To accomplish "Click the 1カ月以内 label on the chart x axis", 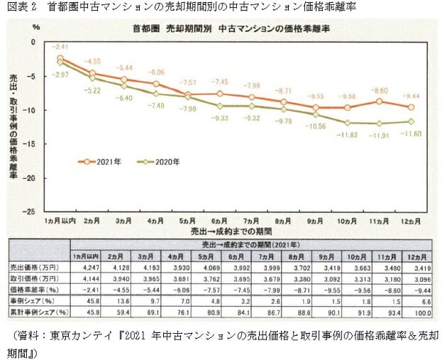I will pyautogui.click(x=60, y=221).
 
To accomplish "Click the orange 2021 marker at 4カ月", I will pyautogui.click(x=156, y=84).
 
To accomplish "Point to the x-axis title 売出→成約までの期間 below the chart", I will pyautogui.click(x=231, y=232).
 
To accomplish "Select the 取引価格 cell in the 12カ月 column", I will pyautogui.click(x=419, y=279).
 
